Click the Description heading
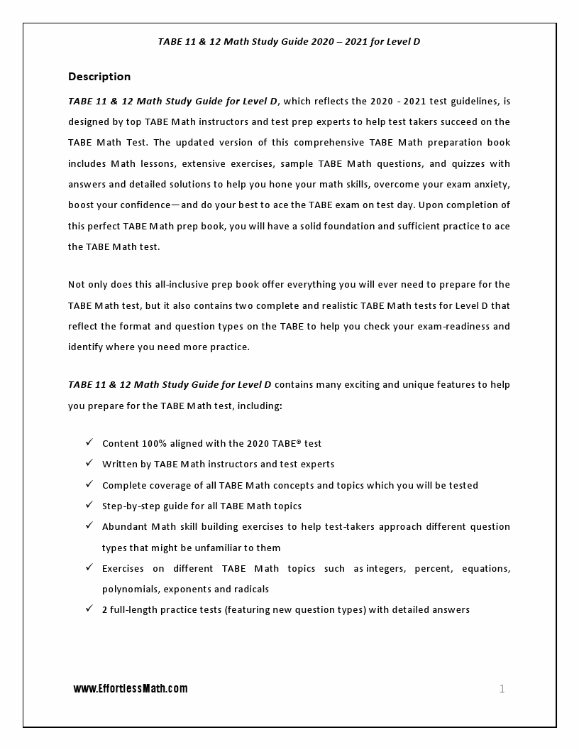pos(99,77)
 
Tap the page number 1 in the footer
pos(502,688)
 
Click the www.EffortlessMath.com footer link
pos(131,688)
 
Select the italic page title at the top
pos(289,41)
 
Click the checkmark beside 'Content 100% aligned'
pos(89,442)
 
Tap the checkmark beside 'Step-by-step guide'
pos(89,505)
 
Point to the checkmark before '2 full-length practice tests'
pos(89,609)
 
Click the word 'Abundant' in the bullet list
pos(123,527)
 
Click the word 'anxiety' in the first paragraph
pos(490,184)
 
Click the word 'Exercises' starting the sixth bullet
pos(123,568)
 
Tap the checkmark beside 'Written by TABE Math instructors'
pos(89,463)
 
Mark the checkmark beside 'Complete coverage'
pos(89,484)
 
